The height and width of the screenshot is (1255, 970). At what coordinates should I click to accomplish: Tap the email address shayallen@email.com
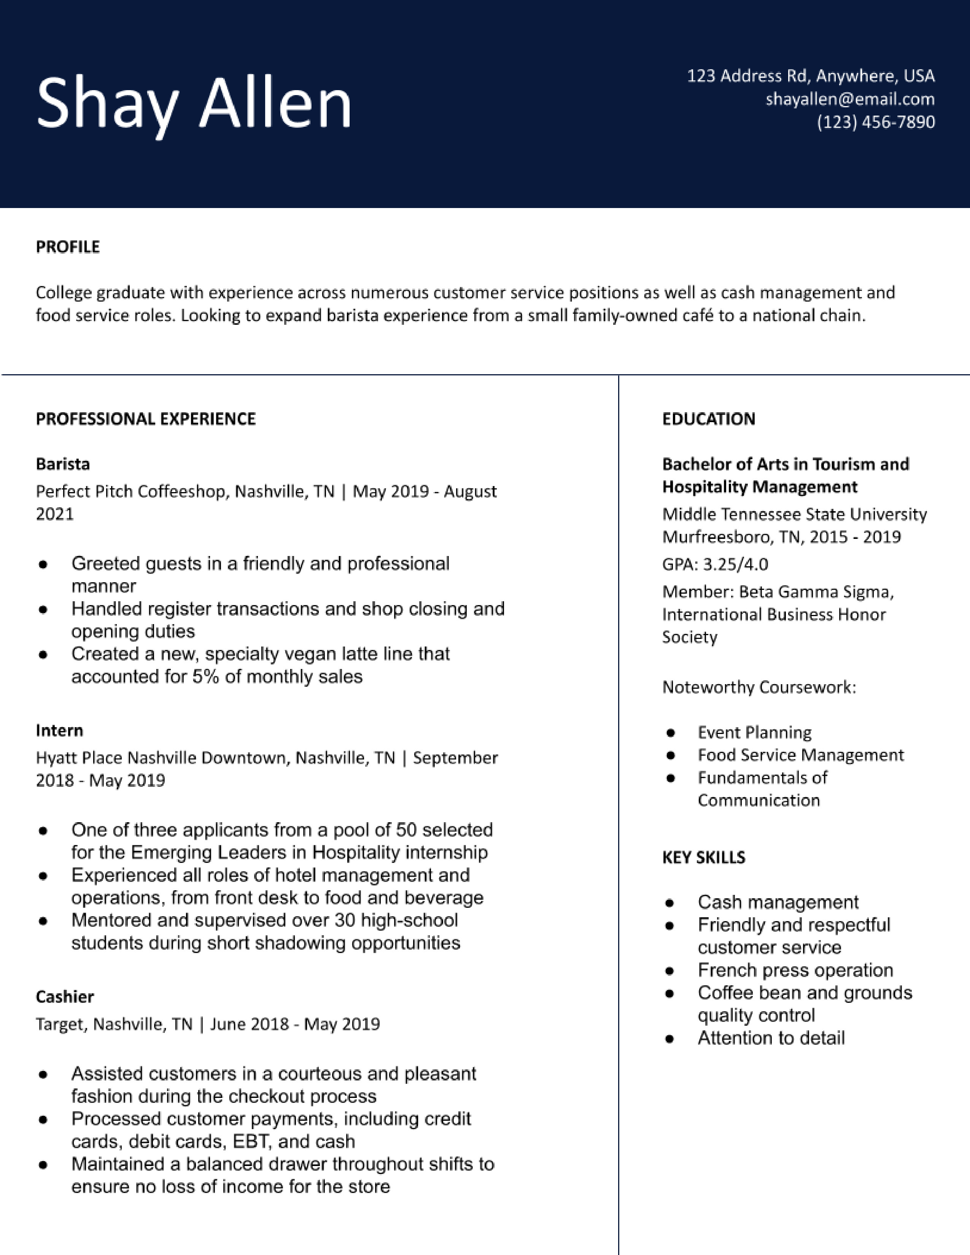pos(850,99)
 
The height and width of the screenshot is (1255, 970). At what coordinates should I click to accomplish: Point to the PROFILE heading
pos(68,247)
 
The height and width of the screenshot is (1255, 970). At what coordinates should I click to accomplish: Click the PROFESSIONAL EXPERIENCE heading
pos(145,419)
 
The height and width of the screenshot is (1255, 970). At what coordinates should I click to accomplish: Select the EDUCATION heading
pos(709,419)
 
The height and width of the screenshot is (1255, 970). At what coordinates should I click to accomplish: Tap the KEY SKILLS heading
pos(703,857)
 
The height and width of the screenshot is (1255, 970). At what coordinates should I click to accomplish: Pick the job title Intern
pos(59,730)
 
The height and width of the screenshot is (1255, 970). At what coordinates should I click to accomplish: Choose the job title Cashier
pos(64,996)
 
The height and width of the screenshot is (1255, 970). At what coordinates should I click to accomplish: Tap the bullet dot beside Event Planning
pos(670,733)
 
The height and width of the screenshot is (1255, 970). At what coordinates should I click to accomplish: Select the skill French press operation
pos(795,970)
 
